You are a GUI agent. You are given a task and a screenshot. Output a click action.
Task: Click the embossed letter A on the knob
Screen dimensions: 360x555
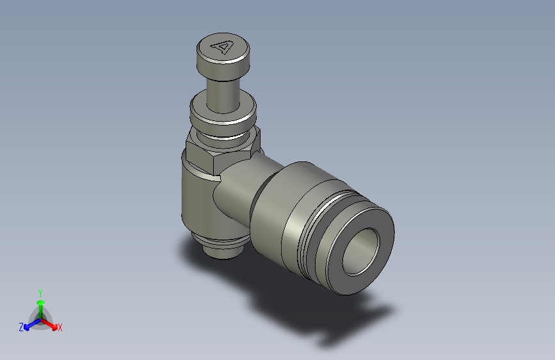[x=223, y=47]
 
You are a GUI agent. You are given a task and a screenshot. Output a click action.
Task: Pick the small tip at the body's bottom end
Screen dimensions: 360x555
[x=220, y=249]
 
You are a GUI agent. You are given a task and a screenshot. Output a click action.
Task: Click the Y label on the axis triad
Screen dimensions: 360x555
[x=40, y=292]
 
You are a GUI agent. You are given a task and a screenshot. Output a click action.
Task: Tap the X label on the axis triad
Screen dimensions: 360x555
[x=60, y=328]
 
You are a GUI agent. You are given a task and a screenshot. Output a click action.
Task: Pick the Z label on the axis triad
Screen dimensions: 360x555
[x=21, y=327]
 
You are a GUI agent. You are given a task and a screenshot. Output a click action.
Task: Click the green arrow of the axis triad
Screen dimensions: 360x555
[x=40, y=304]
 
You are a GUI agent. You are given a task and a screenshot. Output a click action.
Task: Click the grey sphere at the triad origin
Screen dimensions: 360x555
[x=40, y=318]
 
